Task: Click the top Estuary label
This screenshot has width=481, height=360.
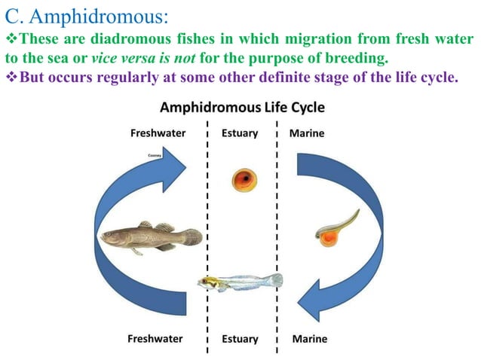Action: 240,133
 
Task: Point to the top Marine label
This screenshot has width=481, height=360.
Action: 307,133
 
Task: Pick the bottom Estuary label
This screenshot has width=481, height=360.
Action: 240,338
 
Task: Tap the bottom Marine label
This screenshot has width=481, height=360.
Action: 309,338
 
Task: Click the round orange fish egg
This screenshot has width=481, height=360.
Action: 244,180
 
